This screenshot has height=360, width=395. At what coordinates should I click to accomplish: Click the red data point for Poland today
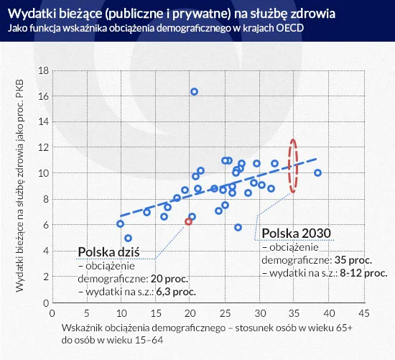(x=189, y=222)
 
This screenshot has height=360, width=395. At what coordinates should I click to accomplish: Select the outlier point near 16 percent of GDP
(x=194, y=91)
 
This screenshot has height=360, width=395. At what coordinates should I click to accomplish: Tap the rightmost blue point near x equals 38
(x=317, y=172)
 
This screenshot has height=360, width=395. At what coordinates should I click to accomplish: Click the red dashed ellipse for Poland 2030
(x=292, y=165)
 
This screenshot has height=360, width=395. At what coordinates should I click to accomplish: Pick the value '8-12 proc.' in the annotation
(x=362, y=273)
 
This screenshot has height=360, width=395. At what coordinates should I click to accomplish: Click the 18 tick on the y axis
(x=42, y=70)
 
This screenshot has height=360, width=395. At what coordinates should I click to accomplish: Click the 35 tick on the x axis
(x=293, y=313)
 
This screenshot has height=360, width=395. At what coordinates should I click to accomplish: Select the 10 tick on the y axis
(x=42, y=173)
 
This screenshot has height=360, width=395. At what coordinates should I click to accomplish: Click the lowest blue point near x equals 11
(x=128, y=238)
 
